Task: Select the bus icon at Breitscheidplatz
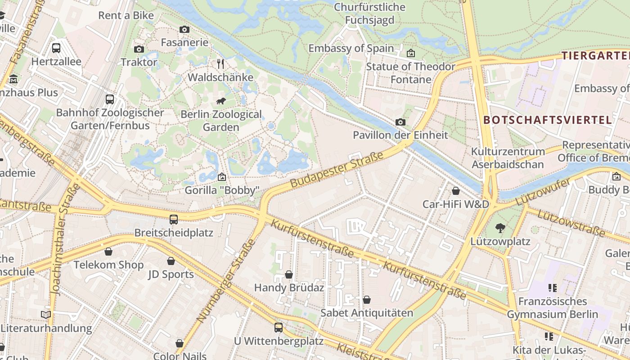point(174,220)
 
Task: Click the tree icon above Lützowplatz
point(500,228)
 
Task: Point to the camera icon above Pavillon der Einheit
point(400,122)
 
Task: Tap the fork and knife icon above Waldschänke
point(220,64)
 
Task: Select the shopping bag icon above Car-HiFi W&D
point(455,191)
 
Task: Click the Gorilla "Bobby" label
point(222,190)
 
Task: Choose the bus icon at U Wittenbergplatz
point(279,328)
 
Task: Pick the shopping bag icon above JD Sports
point(171,261)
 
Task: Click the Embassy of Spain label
point(351,48)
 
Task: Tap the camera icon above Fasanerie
point(184,30)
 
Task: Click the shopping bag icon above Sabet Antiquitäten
point(367,300)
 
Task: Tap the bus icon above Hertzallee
point(56,48)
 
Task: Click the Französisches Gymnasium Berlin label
point(553,308)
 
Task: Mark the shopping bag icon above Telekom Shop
point(108,252)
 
